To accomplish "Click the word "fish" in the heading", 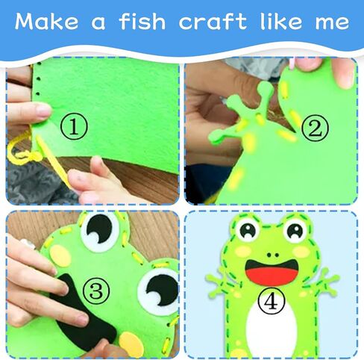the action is pyautogui.click(x=142, y=21).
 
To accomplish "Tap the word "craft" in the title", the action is pyautogui.click(x=213, y=21).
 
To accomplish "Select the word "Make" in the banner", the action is pyautogui.click(x=46, y=21).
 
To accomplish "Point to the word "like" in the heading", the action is pyautogui.click(x=280, y=21).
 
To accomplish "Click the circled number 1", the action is pyautogui.click(x=74, y=126).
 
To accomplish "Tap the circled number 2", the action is pyautogui.click(x=315, y=128).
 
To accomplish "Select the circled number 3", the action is pyautogui.click(x=96, y=291).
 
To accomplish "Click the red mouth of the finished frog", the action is pyautogui.click(x=272, y=273).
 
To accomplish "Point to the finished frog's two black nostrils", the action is pyautogui.click(x=273, y=255).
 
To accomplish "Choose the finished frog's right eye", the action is pyautogui.click(x=295, y=230).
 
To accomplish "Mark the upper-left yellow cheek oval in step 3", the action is pyautogui.click(x=61, y=255).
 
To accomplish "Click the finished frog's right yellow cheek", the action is pyautogui.click(x=301, y=251).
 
